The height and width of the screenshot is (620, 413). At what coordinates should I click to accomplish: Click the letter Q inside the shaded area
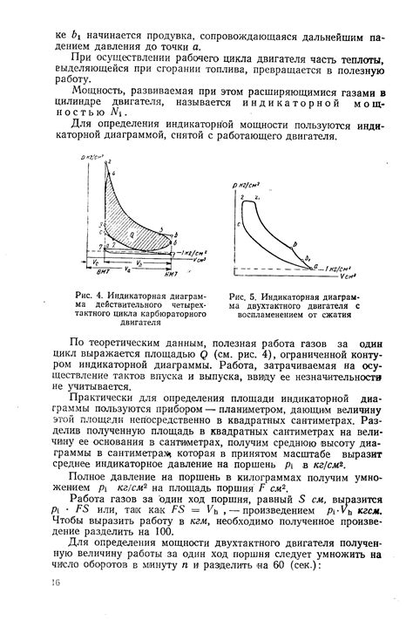coord(130,235)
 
